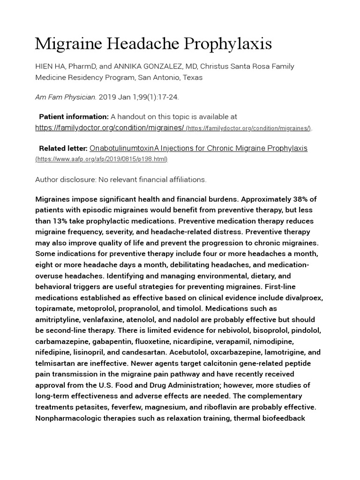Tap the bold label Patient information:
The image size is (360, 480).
click(x=74, y=116)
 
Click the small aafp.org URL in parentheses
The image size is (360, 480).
click(x=102, y=159)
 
